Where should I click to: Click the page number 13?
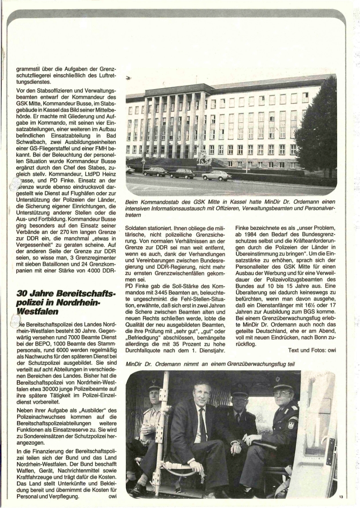tap(341, 496)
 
